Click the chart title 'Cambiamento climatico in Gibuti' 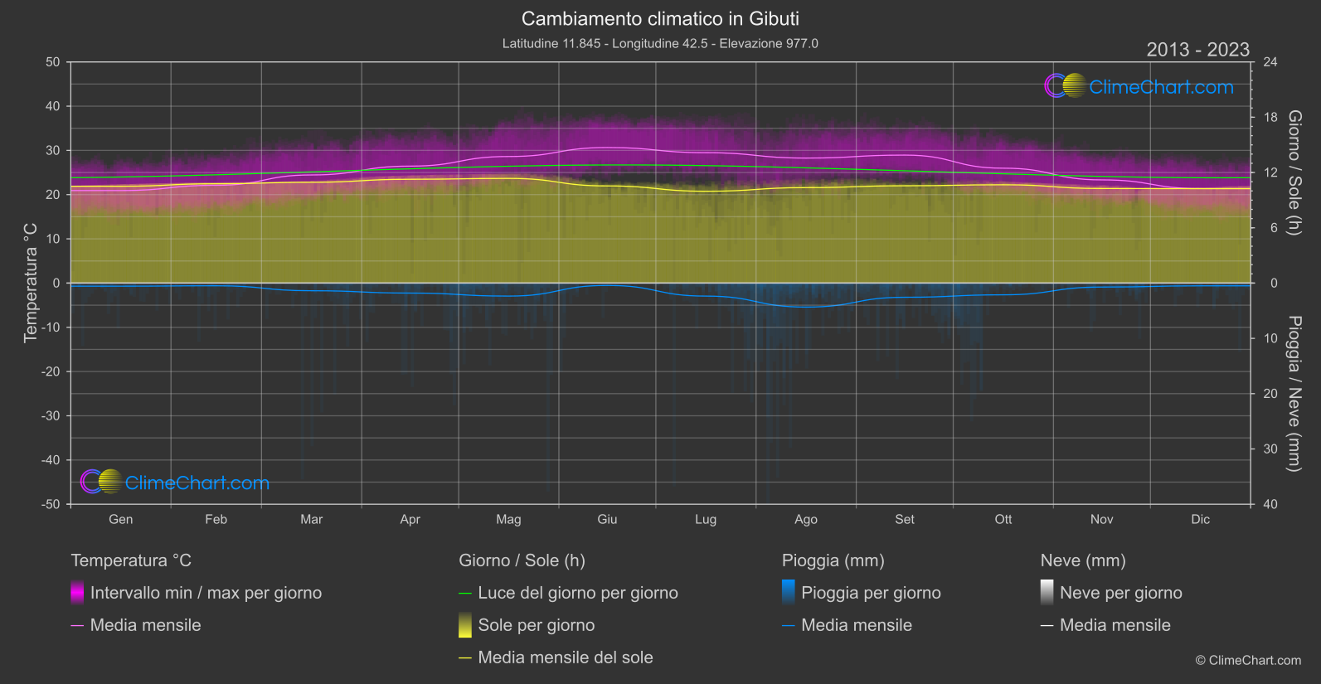660,18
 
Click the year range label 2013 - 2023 1197,50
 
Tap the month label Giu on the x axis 607,519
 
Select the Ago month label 805,519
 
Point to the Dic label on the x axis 1200,519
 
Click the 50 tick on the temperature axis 53,62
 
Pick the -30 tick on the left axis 51,415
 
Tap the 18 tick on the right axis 1270,117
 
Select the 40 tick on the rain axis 1270,504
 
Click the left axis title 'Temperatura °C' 31,282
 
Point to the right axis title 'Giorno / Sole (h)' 1294,172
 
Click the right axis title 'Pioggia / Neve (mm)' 1294,394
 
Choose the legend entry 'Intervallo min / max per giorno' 206,593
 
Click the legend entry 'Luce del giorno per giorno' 577,593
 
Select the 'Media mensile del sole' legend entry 565,657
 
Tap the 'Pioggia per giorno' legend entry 871,593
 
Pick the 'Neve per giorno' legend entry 1120,593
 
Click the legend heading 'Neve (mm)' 1083,560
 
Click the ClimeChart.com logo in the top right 1139,86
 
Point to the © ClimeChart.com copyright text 1247,660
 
